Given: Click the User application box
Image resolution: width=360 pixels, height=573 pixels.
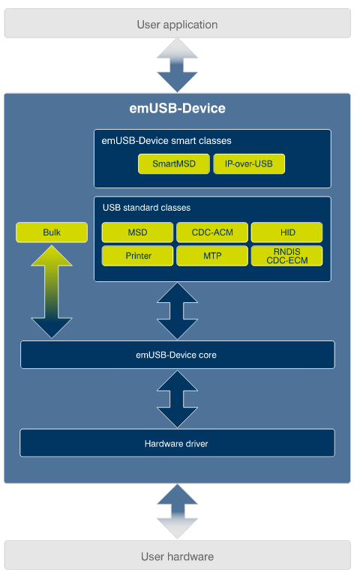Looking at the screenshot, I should tap(177, 24).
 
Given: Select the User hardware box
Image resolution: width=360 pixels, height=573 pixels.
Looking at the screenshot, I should tap(177, 556).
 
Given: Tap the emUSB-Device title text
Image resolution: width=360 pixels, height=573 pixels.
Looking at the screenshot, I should tap(177, 109).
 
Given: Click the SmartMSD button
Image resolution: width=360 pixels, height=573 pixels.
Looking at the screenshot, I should tap(174, 164).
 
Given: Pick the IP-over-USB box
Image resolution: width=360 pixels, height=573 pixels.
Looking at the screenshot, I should tap(249, 164).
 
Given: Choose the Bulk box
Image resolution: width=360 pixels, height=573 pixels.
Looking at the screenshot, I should tap(52, 232).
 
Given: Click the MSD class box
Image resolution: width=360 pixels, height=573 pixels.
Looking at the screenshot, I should tap(137, 232).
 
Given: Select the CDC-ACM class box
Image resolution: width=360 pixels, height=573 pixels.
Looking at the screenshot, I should tap(212, 232).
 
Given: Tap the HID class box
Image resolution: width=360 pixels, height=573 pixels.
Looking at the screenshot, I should tap(286, 232).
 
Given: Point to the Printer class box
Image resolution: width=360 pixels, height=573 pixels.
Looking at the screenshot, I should tap(137, 256).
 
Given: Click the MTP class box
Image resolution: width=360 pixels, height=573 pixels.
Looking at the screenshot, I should tap(212, 256).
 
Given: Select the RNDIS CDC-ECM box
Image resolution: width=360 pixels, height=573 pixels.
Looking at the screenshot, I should tap(286, 256).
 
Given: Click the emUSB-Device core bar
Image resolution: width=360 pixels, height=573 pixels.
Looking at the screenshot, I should tap(177, 355).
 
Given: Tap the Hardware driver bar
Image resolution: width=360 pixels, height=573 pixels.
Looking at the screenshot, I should tap(177, 443).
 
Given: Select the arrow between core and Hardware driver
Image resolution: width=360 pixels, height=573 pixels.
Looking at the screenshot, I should tap(177, 399).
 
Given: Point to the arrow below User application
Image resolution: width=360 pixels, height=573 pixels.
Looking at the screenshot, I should tap(177, 65).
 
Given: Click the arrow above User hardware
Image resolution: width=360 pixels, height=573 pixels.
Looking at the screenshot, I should tap(177, 511).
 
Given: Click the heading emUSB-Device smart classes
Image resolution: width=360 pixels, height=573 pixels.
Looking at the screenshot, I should tap(166, 140).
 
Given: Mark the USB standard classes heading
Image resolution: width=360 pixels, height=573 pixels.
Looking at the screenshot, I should tap(146, 207).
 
